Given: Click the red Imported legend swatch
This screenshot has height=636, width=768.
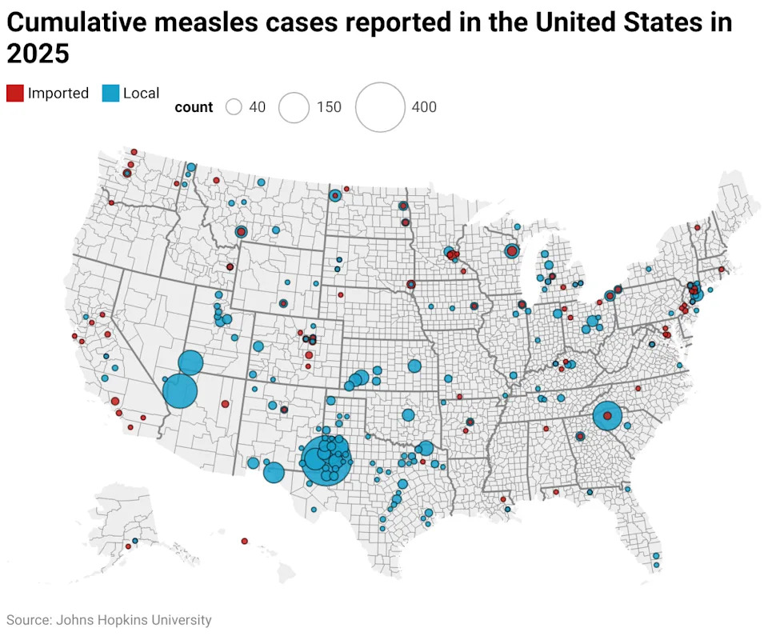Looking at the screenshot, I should click(x=15, y=93).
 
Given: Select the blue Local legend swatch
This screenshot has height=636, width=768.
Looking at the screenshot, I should click(x=110, y=93).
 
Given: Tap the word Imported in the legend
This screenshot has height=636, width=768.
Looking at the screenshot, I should click(x=58, y=93).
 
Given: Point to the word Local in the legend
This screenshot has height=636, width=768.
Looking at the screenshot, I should click(x=141, y=93).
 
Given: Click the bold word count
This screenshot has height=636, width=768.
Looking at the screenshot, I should click(x=194, y=107).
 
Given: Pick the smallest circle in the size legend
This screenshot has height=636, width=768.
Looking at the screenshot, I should click(x=234, y=107).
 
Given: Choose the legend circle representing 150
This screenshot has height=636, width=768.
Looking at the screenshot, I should click(x=294, y=107).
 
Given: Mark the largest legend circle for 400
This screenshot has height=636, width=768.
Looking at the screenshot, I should click(x=380, y=107).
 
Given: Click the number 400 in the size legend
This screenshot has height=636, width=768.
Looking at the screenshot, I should click(x=424, y=107).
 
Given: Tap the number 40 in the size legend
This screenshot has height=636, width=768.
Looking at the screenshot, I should click(x=258, y=107).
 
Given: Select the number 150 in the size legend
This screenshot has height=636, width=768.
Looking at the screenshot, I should click(x=328, y=107).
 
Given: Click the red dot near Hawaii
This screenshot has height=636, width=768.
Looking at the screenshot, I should click(x=245, y=541).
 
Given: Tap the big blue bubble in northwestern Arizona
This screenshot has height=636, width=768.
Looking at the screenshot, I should click(x=180, y=391).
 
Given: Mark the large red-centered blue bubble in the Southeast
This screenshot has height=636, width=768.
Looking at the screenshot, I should click(x=608, y=416).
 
